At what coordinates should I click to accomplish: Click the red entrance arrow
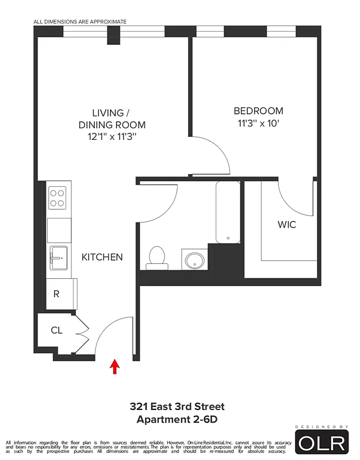tap(115, 366)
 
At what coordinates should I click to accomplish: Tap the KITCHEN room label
tap(102, 257)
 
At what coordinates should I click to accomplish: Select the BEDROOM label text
tap(258, 111)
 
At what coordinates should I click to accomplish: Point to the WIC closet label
tap(287, 224)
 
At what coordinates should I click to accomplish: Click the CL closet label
tap(56, 330)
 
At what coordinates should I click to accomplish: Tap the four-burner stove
tap(58, 198)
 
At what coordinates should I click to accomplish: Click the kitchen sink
tap(59, 256)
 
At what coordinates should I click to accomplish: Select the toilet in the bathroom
tap(156, 257)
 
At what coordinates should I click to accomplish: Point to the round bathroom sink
tap(194, 259)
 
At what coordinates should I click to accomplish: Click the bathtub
tap(228, 212)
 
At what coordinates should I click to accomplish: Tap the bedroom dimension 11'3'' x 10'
tap(258, 123)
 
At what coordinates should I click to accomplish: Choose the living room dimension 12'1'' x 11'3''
tap(112, 137)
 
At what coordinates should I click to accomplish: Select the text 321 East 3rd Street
tap(177, 407)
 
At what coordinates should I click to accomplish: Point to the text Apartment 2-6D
tap(177, 420)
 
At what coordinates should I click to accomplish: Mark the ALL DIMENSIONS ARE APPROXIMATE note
tap(80, 22)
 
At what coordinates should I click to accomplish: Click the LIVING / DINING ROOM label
tap(112, 118)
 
